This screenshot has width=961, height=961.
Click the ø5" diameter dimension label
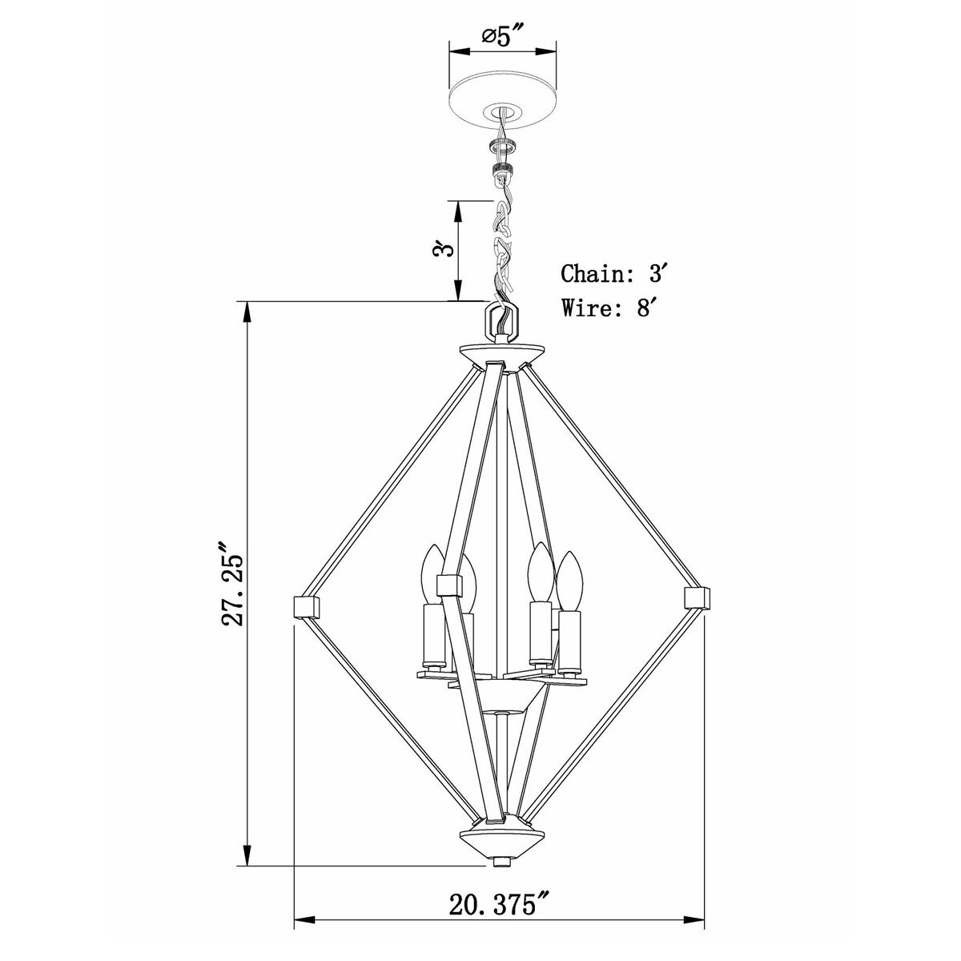(502, 38)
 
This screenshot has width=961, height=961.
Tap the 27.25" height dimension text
(233, 588)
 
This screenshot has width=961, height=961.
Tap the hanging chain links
(502, 248)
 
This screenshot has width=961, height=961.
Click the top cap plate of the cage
(502, 352)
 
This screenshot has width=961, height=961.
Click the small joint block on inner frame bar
(448, 585)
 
